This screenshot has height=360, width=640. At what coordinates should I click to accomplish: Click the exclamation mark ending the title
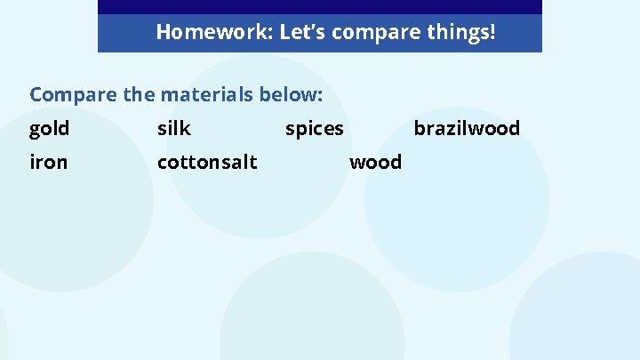coord(492,33)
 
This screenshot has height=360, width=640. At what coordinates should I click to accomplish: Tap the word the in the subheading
coord(132,93)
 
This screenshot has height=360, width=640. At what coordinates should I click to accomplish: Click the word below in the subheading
coord(289,93)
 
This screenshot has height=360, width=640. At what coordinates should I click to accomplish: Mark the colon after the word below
coord(319,95)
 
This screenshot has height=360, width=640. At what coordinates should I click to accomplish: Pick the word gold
coord(49,129)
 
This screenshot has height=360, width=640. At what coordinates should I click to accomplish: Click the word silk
coord(174,129)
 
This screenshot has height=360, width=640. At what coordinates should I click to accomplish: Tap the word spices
coord(314,130)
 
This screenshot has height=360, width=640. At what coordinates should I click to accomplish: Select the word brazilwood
coord(467,129)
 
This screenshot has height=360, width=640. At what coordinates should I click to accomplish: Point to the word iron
coord(48,162)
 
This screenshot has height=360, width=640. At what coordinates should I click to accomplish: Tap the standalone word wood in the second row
coord(376,162)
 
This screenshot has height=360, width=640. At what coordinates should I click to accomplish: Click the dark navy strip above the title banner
coord(319,6)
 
